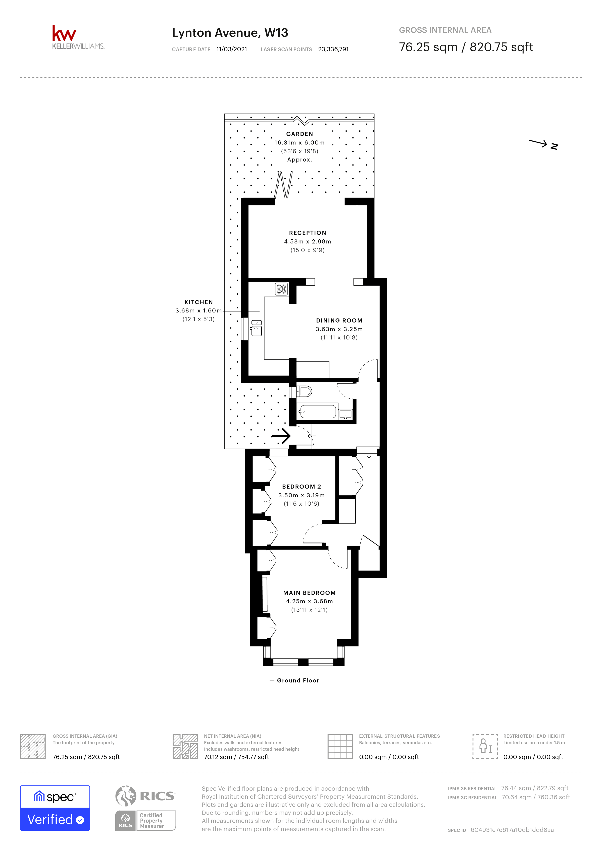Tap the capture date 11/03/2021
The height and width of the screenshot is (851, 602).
coord(232,49)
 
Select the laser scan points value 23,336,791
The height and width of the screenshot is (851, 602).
coord(333,49)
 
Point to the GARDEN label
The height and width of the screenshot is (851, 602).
coord(299,134)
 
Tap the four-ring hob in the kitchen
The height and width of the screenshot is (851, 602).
coord(281,289)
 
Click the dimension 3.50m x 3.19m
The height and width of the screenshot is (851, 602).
coord(301,495)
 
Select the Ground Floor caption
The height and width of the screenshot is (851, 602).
coord(298,680)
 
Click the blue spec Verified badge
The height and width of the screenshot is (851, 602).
coord(55,808)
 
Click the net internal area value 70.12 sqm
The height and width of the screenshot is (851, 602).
coord(236,757)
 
